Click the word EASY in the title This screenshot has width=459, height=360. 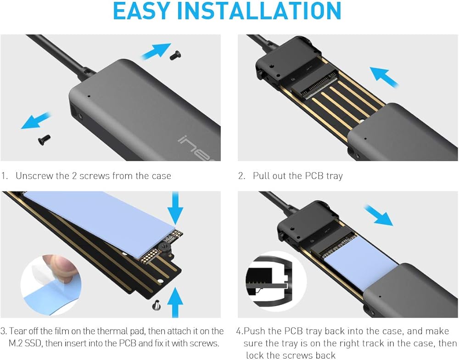pos(142,11)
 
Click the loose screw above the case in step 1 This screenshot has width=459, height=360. pos(175,55)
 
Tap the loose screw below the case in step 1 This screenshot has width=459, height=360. pos(44,140)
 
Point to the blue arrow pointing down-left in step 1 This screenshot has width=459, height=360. pos(36,121)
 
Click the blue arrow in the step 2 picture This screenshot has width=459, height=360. pos(384,77)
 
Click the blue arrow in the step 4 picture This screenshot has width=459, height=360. pos(378,215)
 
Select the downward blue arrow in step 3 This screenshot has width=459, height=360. pos(175,208)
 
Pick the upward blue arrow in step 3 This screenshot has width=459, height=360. pos(175,302)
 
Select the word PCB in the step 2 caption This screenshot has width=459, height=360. pos(315,176)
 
